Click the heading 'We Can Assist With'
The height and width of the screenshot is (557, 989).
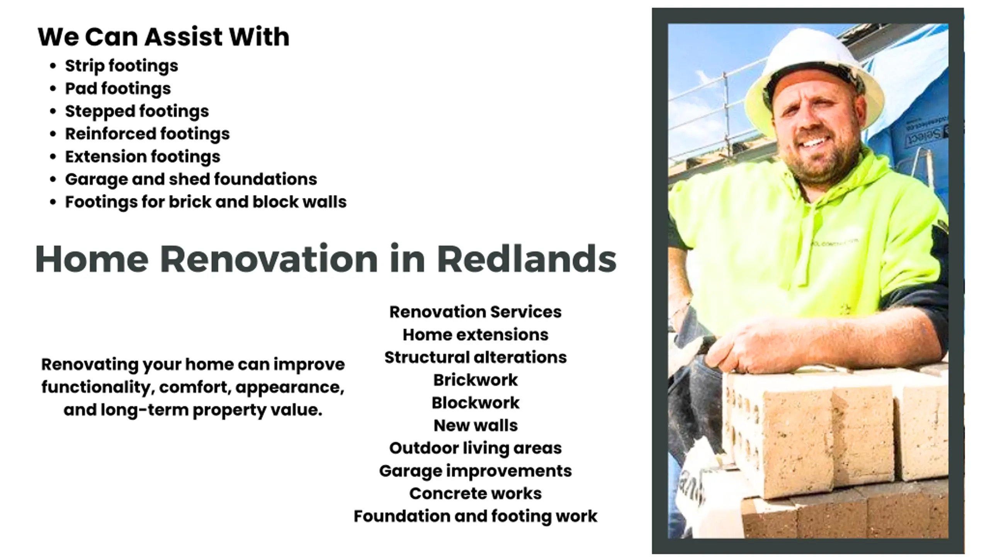click(163, 37)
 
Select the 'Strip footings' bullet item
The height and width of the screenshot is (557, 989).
click(121, 66)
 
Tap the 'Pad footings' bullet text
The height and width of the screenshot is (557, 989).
click(118, 89)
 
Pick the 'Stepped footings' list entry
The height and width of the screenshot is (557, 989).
click(137, 111)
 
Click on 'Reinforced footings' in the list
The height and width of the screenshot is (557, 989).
click(147, 134)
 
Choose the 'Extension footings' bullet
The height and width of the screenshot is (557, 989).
click(143, 157)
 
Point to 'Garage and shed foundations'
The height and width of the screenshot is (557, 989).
click(191, 179)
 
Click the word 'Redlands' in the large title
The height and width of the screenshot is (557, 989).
click(527, 259)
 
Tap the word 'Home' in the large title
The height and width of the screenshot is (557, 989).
click(92, 259)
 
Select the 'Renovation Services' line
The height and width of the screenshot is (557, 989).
click(475, 312)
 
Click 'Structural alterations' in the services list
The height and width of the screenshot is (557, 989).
click(475, 357)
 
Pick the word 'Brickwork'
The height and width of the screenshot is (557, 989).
click(475, 380)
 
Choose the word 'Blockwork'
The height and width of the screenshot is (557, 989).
click(475, 403)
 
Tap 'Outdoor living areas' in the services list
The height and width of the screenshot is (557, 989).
click(475, 448)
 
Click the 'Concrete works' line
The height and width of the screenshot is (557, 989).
click(475, 494)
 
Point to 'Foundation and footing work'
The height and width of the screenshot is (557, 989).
click(475, 516)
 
